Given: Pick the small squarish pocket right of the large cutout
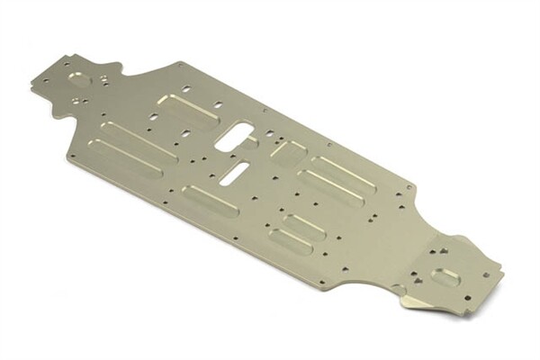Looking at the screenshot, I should [x=287, y=153].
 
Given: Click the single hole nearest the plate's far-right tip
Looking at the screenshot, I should [x=486, y=274].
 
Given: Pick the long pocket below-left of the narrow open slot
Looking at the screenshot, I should [x=210, y=199].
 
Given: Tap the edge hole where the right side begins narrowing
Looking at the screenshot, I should [x=410, y=188].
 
